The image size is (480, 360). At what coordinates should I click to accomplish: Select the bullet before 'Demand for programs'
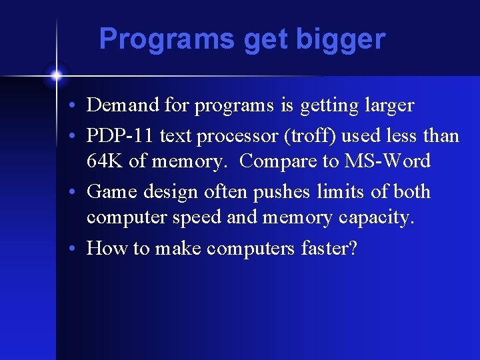(79, 106)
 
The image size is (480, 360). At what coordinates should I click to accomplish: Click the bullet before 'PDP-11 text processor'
(79, 137)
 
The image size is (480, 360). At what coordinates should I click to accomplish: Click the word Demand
(118, 105)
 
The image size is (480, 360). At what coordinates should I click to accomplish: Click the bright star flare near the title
(57, 75)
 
